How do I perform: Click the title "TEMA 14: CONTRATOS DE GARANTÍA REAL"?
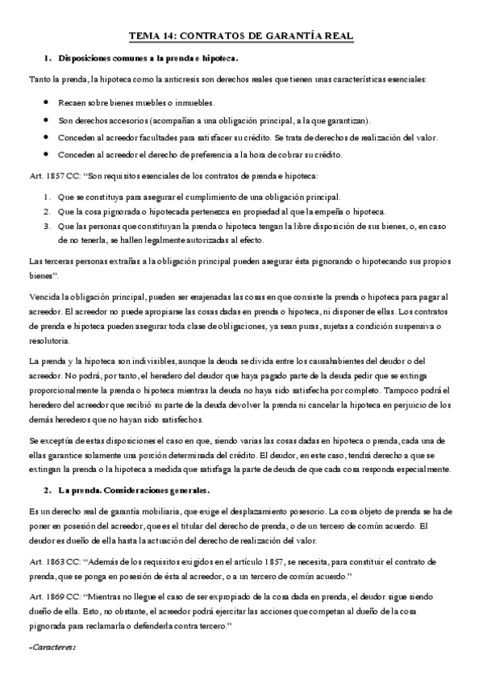pos(241,36)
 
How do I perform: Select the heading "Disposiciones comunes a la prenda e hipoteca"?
pos(148,58)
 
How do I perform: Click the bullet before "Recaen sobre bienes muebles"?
pos(51,102)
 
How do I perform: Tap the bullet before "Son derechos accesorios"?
pos(51,120)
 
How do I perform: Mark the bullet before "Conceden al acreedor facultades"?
pos(51,137)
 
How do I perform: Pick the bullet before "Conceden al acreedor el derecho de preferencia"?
pos(51,155)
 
